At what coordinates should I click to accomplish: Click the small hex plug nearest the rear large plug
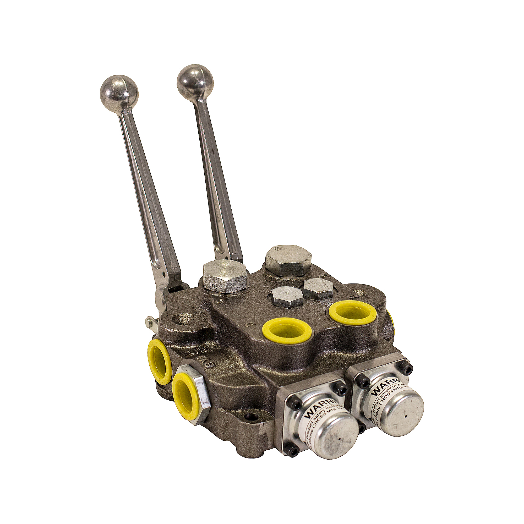(x=318, y=288)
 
